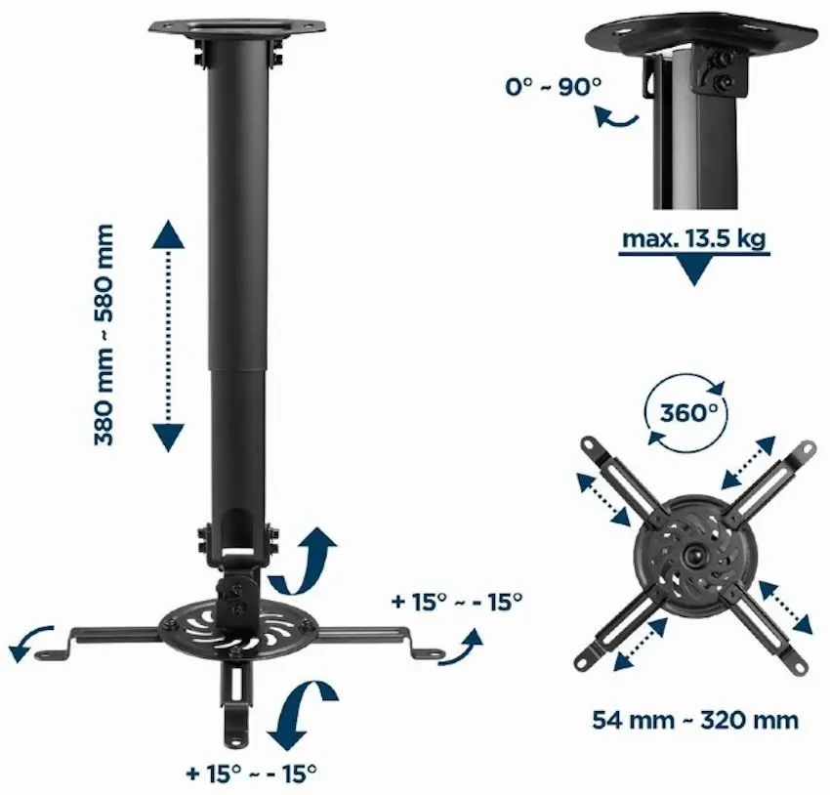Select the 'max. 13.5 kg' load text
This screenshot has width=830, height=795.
tap(693, 239)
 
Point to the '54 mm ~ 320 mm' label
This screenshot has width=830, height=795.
tap(694, 721)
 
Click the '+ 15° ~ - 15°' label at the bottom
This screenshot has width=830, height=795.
tap(252, 774)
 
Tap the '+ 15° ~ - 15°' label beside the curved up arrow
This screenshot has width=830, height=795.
tap(455, 601)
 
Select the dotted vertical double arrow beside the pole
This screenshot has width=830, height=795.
tap(168, 335)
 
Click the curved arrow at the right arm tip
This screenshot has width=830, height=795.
tap(460, 648)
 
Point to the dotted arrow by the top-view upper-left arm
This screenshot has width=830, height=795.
tap(603, 499)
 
